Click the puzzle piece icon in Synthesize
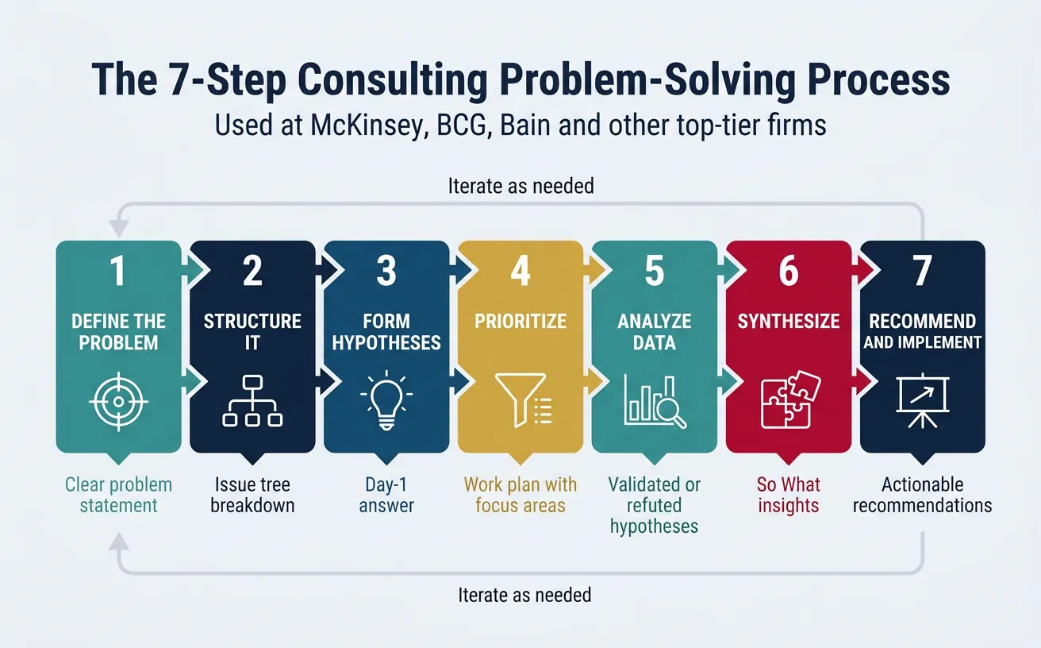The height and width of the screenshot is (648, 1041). point(789,402)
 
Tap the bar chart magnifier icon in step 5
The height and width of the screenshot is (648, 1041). point(655,402)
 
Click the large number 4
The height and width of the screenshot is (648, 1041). point(520,272)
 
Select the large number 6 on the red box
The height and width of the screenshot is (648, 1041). point(788,272)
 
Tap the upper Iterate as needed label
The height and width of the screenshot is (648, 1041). point(520,187)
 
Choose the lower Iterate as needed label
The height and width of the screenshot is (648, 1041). point(524,594)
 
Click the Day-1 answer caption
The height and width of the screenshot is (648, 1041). point(386,495)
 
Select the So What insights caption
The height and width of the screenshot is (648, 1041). point(788,495)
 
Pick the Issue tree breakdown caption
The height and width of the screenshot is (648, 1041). point(252,495)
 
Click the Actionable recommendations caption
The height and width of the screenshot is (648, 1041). point(922,495)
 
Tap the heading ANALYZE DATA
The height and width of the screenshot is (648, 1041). point(655,332)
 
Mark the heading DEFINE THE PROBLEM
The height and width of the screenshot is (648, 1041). point(118,332)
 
